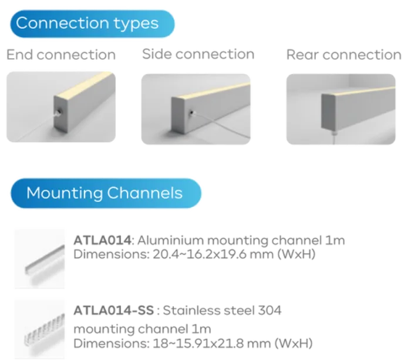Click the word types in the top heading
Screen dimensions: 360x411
point(137,24)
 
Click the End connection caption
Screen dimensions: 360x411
point(61,55)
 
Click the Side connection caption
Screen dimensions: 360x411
point(199,55)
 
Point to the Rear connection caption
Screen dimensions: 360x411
point(345,55)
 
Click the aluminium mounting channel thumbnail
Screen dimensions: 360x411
point(40,258)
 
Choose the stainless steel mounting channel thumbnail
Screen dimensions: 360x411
point(40,329)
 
